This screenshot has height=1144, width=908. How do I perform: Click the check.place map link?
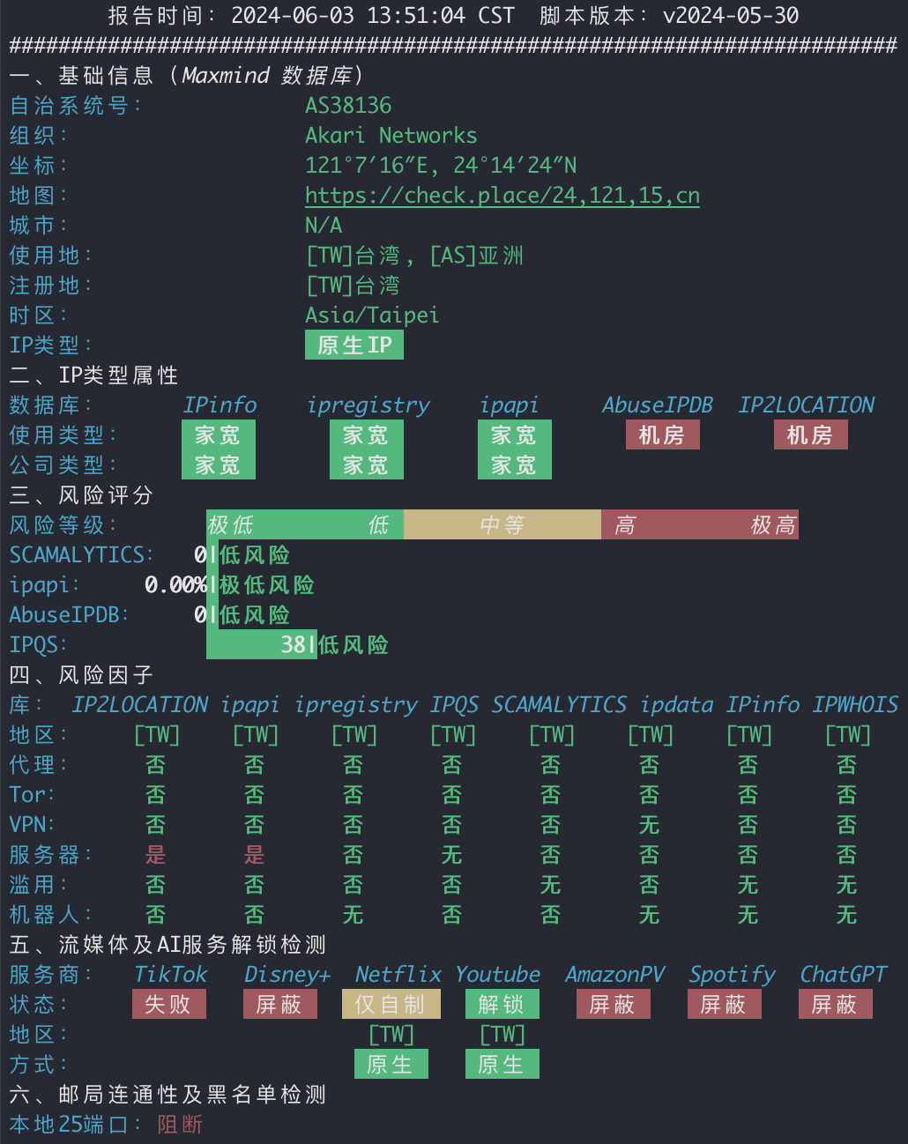point(502,196)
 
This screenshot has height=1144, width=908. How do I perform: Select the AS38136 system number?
point(348,105)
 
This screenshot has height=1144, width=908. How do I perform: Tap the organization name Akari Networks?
point(391,136)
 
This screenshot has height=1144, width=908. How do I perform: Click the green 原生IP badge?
point(354,345)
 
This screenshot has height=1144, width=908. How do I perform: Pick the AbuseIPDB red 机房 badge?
point(663,435)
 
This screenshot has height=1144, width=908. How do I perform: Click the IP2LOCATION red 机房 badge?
point(811,435)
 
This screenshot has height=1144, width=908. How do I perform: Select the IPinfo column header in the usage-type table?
point(220,405)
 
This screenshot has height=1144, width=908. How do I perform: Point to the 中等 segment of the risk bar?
point(502,524)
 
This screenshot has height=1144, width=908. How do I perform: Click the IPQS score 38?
point(293,645)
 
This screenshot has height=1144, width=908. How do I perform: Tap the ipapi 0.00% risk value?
point(175,584)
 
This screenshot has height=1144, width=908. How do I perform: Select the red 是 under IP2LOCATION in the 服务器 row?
point(156,855)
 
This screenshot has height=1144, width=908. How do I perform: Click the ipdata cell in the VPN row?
point(650,825)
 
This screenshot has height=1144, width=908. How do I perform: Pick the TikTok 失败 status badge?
point(169,1004)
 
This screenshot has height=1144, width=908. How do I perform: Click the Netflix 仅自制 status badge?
point(391,1004)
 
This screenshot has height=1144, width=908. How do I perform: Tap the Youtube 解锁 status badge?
point(502,1004)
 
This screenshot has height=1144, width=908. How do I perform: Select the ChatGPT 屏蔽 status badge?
point(835,1004)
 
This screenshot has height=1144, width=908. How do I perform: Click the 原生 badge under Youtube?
point(502,1064)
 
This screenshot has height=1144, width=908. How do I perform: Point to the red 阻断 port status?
point(181,1125)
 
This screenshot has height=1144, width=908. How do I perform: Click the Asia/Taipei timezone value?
point(372,316)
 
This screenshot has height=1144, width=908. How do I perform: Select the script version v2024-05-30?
point(731,15)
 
